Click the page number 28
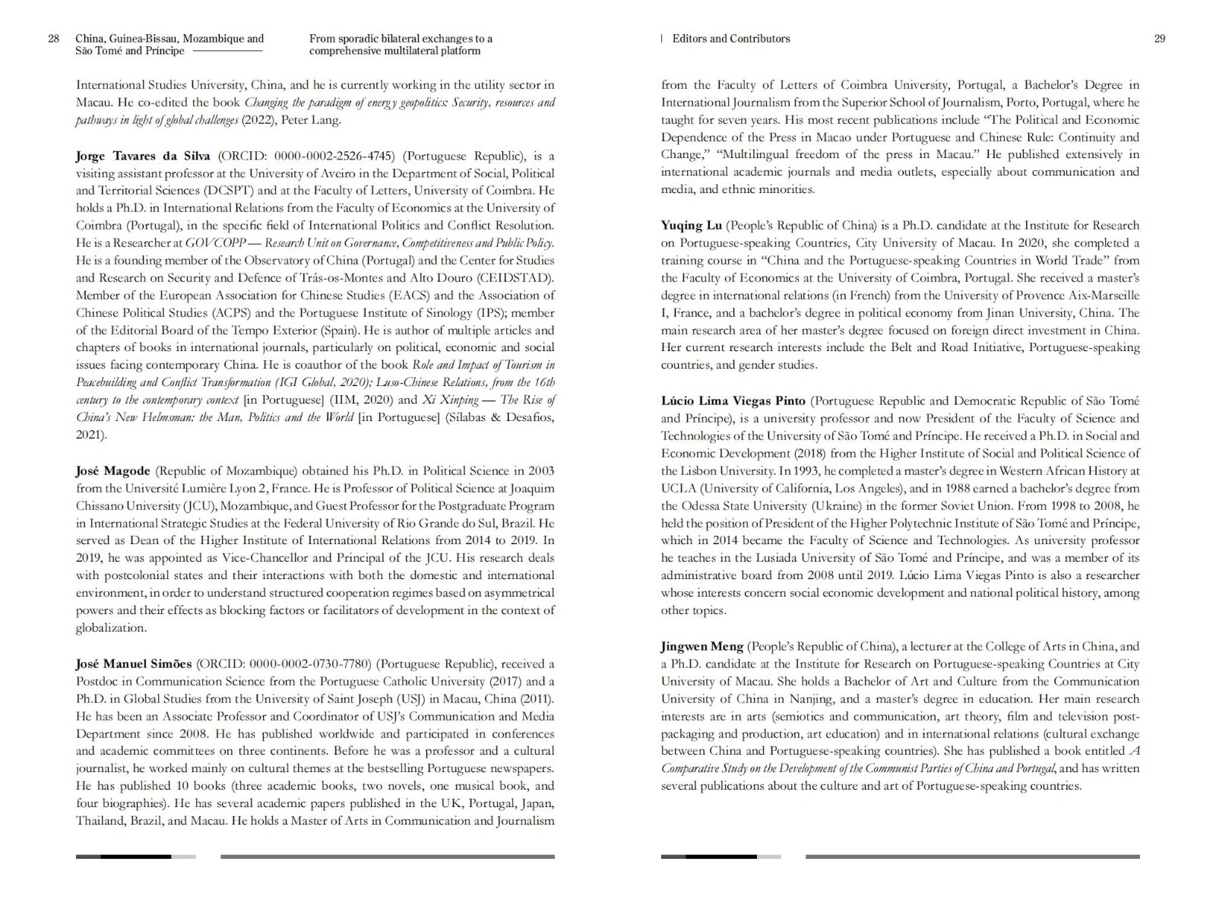pyautogui.click(x=53, y=39)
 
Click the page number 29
pyautogui.click(x=1160, y=39)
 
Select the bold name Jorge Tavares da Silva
pyautogui.click(x=144, y=157)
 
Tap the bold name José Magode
pyautogui.click(x=113, y=470)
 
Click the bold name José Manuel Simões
pyautogui.click(x=134, y=663)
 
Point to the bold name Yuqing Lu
pyautogui.click(x=692, y=225)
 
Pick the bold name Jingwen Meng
pyautogui.click(x=702, y=646)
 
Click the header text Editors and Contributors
pyautogui.click(x=731, y=39)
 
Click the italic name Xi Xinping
pyautogui.click(x=450, y=400)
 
